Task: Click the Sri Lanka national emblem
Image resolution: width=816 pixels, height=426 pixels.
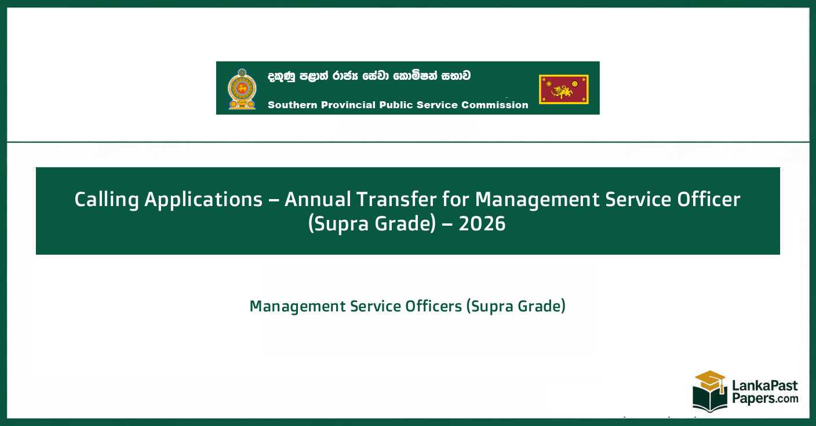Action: tap(242, 89)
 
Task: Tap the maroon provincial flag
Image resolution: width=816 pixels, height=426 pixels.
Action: tap(563, 89)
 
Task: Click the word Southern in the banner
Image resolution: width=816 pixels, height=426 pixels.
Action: tap(290, 105)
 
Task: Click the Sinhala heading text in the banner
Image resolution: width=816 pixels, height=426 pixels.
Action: tap(369, 76)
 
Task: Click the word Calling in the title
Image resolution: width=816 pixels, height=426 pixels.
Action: tap(107, 200)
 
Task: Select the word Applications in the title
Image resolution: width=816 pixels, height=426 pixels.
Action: tap(203, 200)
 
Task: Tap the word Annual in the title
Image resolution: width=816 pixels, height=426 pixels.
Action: tap(318, 200)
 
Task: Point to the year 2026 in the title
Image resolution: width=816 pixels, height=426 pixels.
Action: tap(482, 224)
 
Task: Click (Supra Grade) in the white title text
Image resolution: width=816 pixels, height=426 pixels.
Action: tap(371, 224)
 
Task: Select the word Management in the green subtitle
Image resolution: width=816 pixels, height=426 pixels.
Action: tap(297, 306)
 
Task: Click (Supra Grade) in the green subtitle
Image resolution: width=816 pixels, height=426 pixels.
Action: tap(516, 306)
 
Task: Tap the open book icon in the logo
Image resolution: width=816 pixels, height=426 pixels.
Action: tap(710, 400)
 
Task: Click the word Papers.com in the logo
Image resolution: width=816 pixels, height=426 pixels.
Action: tap(764, 398)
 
